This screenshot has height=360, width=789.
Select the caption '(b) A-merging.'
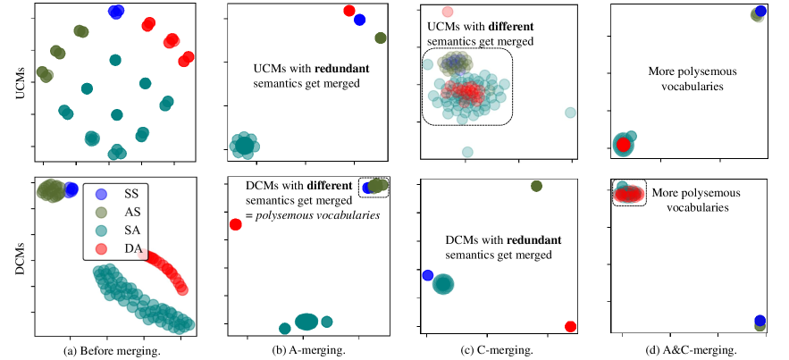click(x=305, y=350)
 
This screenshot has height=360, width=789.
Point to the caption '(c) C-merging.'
click(x=497, y=350)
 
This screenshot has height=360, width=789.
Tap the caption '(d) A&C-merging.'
click(x=691, y=350)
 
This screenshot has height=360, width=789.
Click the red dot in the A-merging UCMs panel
click(x=348, y=11)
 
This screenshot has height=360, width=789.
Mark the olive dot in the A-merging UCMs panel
click(x=380, y=38)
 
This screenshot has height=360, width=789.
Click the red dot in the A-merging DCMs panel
click(x=236, y=224)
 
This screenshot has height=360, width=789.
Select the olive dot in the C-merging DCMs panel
click(x=536, y=186)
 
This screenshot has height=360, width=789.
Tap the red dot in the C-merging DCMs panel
click(x=570, y=326)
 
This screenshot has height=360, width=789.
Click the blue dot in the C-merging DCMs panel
click(x=427, y=275)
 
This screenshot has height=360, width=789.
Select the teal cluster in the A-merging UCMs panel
click(x=243, y=144)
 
